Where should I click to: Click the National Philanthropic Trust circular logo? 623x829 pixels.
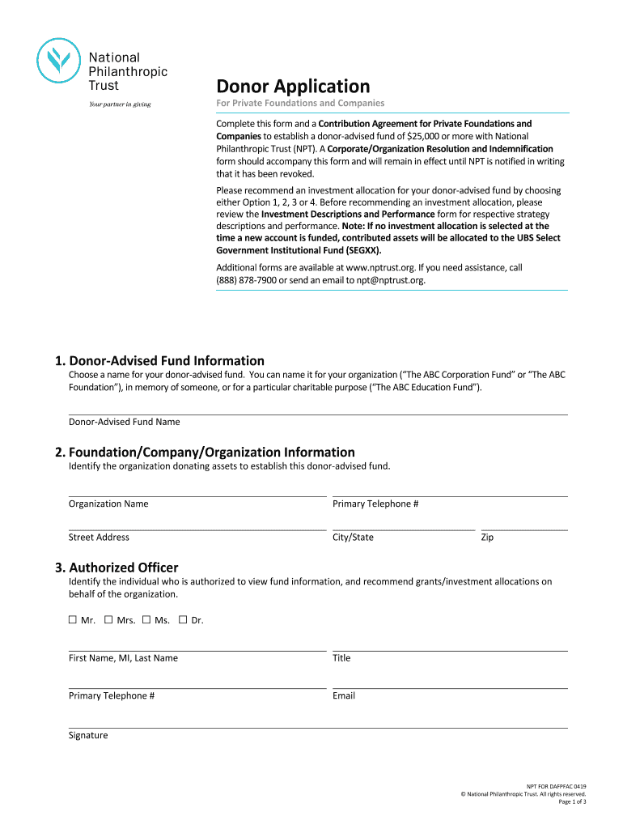click(x=60, y=61)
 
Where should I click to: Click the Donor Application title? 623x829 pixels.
click(x=292, y=86)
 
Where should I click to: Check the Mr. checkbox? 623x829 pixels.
click(x=73, y=620)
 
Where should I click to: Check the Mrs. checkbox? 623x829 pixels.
click(x=108, y=620)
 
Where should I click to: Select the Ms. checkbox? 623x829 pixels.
click(x=146, y=620)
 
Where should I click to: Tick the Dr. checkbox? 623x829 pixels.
click(x=183, y=620)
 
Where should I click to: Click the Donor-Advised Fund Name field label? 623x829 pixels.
click(x=124, y=422)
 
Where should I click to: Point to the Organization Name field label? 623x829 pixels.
click(x=108, y=504)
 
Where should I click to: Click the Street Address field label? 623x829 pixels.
click(x=99, y=538)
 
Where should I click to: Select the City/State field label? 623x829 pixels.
click(x=353, y=538)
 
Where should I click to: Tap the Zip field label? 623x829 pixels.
click(x=487, y=538)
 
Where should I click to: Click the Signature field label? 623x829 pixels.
click(x=88, y=735)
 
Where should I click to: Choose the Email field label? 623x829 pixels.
click(x=344, y=695)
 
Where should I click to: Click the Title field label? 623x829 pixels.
click(x=341, y=658)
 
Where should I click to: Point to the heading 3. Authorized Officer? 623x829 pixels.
click(x=123, y=568)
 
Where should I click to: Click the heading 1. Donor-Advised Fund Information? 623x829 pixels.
click(x=167, y=360)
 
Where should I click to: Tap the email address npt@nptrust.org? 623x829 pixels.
click(x=385, y=280)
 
